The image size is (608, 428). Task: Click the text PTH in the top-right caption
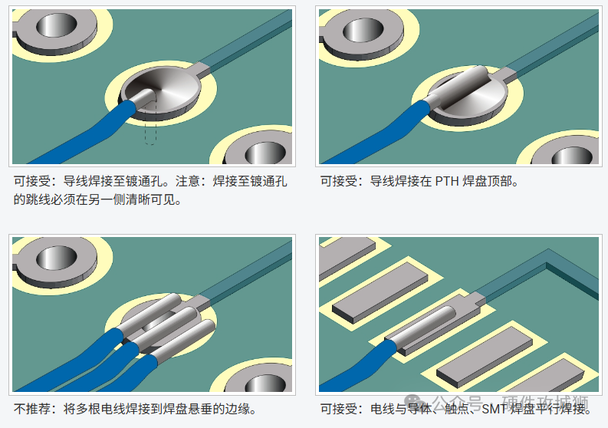(x=448, y=181)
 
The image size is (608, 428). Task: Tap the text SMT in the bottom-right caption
(x=494, y=409)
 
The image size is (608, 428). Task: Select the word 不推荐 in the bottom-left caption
(x=31, y=409)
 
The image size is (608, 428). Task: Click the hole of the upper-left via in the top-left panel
(x=57, y=25)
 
